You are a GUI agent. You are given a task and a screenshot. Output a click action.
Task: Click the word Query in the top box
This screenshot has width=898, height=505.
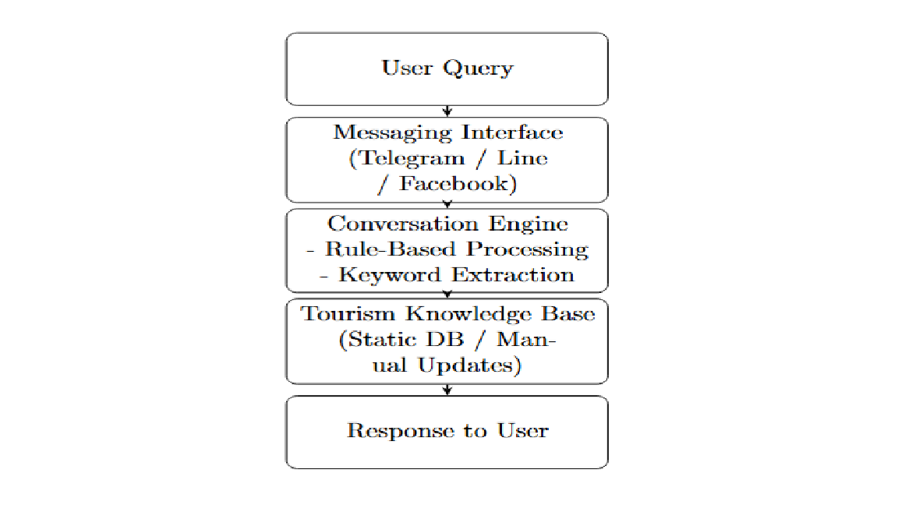click(478, 69)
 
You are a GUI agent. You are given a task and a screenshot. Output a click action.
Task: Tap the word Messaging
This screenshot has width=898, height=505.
click(393, 133)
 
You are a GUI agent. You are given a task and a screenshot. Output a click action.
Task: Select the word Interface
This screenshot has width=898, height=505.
click(513, 132)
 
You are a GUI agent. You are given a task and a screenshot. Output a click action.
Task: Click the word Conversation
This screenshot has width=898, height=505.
click(402, 224)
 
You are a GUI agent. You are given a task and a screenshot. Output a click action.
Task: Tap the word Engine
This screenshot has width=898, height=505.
click(528, 224)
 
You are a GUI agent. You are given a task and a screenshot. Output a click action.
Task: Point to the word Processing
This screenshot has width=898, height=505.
click(528, 250)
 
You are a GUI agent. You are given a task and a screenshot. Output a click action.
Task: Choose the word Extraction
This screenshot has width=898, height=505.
click(513, 275)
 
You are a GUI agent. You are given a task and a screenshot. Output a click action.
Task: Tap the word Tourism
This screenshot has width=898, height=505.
click(348, 314)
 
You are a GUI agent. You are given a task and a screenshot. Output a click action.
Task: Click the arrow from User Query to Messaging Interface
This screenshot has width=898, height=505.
click(447, 111)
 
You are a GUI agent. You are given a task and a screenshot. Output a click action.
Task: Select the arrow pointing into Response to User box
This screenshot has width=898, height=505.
click(447, 390)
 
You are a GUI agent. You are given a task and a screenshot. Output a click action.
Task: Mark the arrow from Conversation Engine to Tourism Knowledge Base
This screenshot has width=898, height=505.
click(447, 294)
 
